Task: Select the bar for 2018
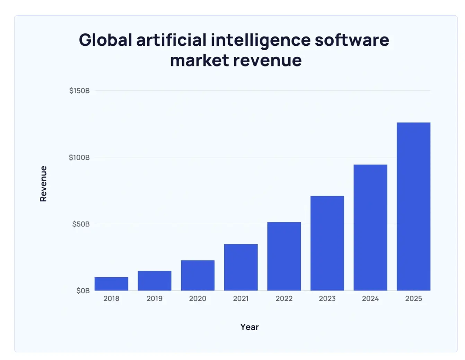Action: point(111,283)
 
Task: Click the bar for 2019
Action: point(155,280)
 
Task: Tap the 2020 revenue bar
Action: point(198,275)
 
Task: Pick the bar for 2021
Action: point(241,267)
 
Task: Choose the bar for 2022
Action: point(284,256)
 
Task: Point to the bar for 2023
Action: point(327,243)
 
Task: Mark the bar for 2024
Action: point(370,227)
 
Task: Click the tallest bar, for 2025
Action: point(413,206)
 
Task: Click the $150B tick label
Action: point(79,91)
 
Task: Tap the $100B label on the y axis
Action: point(79,157)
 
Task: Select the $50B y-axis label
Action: point(81,224)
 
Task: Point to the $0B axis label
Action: point(83,291)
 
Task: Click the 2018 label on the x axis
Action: point(111,298)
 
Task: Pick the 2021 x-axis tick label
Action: point(241,298)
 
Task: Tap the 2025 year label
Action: point(413,298)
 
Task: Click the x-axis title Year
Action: point(249,327)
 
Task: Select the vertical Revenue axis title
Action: point(43,183)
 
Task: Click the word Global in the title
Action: point(105,40)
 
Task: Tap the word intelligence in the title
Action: point(261,40)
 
